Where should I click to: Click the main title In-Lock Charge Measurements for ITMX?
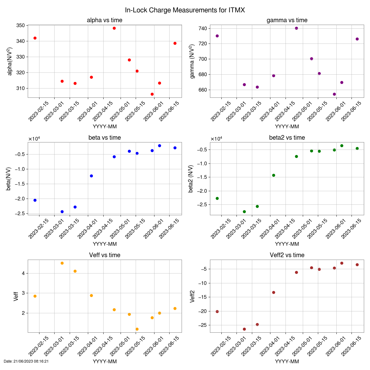185,10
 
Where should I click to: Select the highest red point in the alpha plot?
114,28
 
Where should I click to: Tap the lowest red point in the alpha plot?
152,94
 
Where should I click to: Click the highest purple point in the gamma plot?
296,28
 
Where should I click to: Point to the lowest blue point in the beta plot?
62,212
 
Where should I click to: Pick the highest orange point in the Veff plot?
62,263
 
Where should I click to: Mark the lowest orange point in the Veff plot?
137,329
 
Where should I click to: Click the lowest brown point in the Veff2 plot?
244,329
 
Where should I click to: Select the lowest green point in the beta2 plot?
244,212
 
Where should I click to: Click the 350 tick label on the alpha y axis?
21,25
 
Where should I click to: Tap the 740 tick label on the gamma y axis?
203,28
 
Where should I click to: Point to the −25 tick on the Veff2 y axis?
202,325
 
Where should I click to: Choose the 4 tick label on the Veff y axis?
23,273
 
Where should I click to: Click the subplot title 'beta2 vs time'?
287,138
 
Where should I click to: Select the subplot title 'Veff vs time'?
105,255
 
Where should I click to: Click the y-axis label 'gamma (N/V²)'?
192,61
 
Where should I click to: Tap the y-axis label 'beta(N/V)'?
8,179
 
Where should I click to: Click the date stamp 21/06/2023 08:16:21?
26,361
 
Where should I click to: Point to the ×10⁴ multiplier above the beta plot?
34,139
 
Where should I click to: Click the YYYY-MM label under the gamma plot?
287,126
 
